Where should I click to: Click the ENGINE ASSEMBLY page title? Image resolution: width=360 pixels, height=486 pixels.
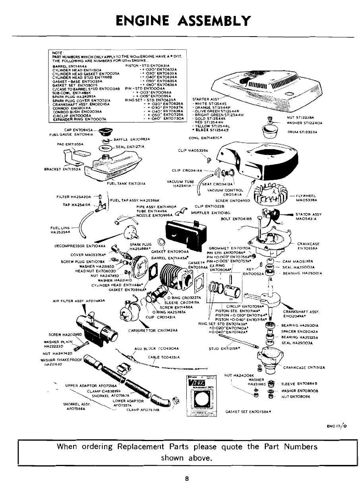click(180, 20)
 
